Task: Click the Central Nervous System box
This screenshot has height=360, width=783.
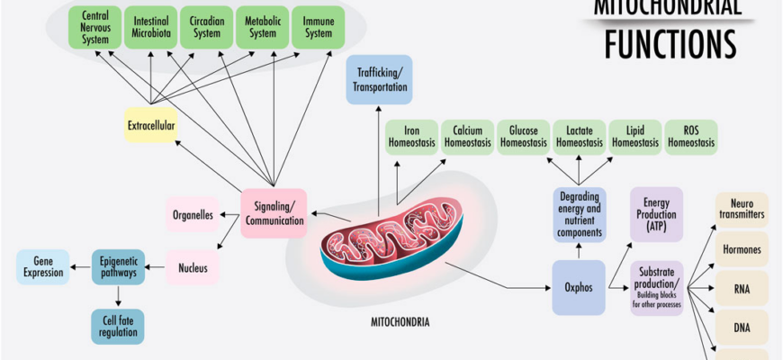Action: coord(95,27)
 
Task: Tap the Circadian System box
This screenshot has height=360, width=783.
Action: coord(206,27)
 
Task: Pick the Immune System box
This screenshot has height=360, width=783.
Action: coord(318,27)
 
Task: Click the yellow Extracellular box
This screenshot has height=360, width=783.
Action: coord(150,124)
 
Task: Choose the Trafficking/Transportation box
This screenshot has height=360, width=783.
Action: coord(379,78)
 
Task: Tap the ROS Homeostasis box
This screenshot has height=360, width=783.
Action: coord(691,137)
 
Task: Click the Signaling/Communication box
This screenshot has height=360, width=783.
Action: coord(274,213)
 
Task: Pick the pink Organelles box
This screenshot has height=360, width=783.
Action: coord(191,214)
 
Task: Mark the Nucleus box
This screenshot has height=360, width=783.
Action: coord(193,267)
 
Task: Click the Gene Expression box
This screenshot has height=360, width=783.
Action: coord(42,266)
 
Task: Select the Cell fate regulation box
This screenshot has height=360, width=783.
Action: coord(117,326)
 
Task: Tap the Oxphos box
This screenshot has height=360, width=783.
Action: coord(579,288)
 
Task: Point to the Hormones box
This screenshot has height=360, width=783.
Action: coord(742,248)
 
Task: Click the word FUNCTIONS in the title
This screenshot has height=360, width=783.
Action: coord(670,42)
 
